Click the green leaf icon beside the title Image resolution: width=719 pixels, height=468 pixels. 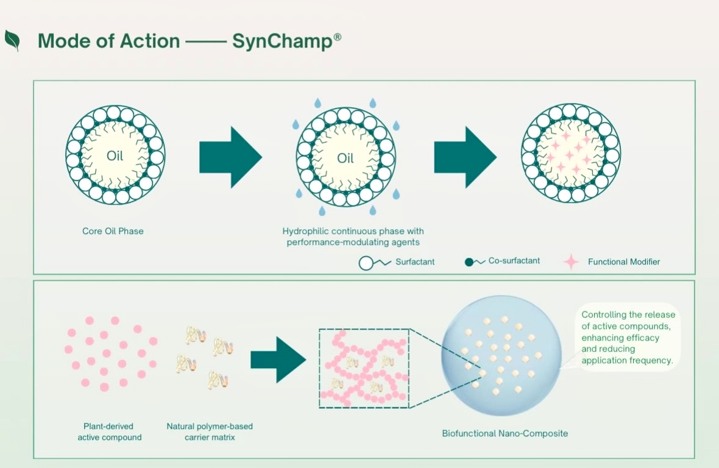(x=12, y=40)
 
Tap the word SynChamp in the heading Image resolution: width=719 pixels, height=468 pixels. (x=281, y=41)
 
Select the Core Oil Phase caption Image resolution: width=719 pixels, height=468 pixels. (x=113, y=232)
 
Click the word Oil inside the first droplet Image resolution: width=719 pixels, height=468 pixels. (x=115, y=156)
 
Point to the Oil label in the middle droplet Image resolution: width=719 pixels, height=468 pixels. (x=345, y=158)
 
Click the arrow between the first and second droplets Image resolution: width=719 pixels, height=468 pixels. (x=230, y=157)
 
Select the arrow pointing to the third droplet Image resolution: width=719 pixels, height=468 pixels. (x=464, y=157)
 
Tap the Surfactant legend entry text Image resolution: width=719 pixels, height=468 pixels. (x=415, y=261)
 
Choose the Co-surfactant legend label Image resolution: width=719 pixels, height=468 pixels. (x=514, y=261)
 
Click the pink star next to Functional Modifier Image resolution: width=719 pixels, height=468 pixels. (x=571, y=261)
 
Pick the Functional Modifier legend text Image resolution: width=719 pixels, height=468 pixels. (x=624, y=261)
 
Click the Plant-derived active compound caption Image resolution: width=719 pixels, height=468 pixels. (x=109, y=431)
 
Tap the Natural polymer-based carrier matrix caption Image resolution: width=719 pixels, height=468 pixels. (x=210, y=431)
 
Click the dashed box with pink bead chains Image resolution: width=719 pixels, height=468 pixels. (x=364, y=368)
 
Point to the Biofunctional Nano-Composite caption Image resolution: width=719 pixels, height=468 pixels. (x=505, y=433)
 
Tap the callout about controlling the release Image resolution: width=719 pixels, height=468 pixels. (x=628, y=338)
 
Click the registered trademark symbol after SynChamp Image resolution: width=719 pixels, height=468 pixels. (x=337, y=37)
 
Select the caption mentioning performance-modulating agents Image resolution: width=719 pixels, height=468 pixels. (x=353, y=237)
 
